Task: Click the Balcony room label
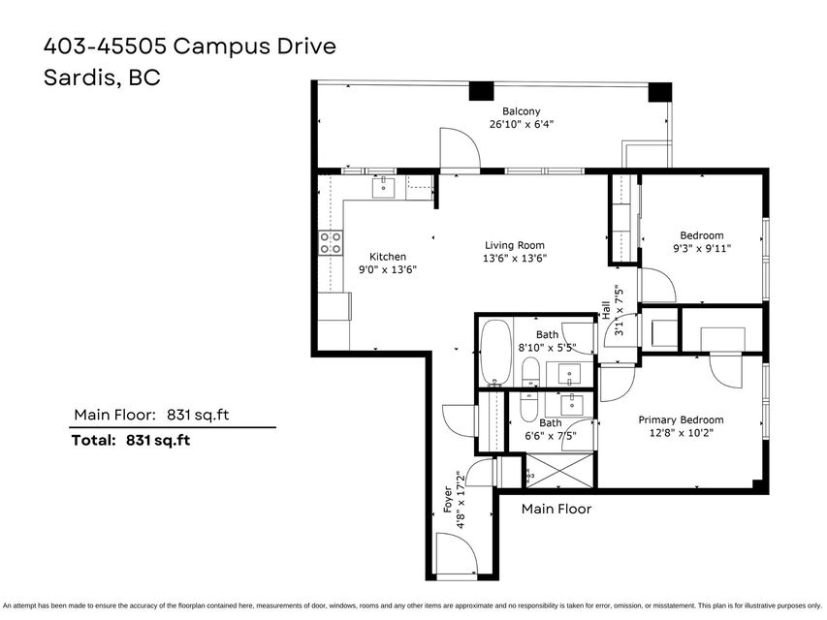pos(521,111)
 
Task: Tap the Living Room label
pos(514,245)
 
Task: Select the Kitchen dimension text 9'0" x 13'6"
pos(388,269)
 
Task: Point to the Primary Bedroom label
pos(681,419)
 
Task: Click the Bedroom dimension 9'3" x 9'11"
pos(702,248)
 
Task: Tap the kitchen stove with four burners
pos(331,243)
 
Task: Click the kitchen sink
pos(383,187)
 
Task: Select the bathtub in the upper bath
pos(496,353)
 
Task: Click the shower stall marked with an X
pos(559,471)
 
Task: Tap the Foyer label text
pos(448,499)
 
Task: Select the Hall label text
pos(606,311)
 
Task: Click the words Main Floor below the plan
pos(557,509)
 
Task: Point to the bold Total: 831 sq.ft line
pos(131,440)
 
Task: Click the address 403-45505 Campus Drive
pos(190,46)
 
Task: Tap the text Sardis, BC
pos(102,77)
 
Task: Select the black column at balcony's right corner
pos(660,92)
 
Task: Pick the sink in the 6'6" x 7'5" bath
pos(571,405)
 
